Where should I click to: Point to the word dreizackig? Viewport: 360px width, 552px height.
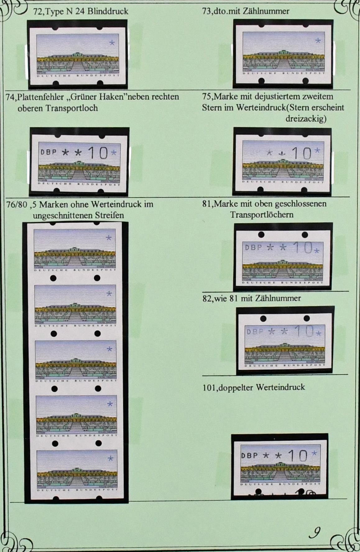pyautogui.click(x=306, y=119)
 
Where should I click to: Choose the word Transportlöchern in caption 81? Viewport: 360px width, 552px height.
pyautogui.click(x=261, y=214)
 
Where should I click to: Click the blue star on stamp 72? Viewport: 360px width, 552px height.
pyautogui.click(x=112, y=43)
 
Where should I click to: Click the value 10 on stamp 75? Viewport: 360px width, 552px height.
pyautogui.click(x=302, y=153)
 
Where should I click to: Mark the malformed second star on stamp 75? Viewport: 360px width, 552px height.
pyautogui.click(x=282, y=153)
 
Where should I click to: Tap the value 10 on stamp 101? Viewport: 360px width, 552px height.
pyautogui.click(x=298, y=455)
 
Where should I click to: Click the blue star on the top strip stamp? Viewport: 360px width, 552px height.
pyautogui.click(x=109, y=238)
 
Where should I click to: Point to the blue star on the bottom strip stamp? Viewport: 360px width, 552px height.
pyautogui.click(x=110, y=458)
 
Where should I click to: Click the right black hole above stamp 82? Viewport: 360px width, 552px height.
pyautogui.click(x=307, y=318)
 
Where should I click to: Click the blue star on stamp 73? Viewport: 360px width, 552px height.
pyautogui.click(x=318, y=40)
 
